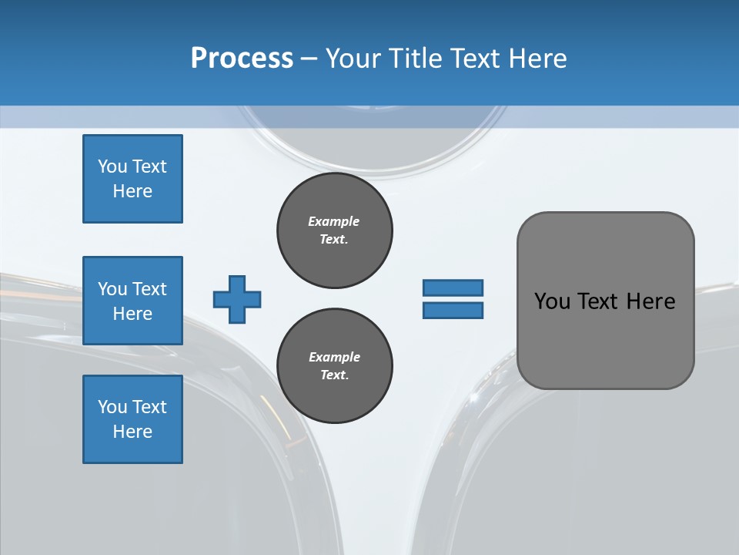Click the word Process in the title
coord(242,58)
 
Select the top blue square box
coord(132,179)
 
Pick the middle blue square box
coord(132,301)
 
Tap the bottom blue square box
coord(132,419)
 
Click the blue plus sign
coord(237,299)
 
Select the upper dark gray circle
coord(335,230)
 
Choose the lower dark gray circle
coord(335,366)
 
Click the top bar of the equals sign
coord(453,288)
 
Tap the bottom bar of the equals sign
coord(453,311)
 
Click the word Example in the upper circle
coord(334,221)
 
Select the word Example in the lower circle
coord(334,357)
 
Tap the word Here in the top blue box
coord(132,191)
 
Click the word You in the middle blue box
coord(112,289)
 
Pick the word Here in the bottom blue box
coord(132,432)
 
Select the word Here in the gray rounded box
coord(650,301)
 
